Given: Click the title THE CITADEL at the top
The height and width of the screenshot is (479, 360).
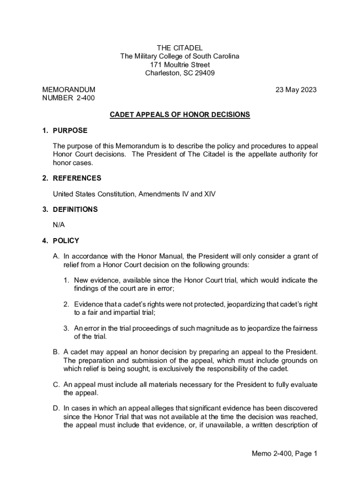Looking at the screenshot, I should (180, 48).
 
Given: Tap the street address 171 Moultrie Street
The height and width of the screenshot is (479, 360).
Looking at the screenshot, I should (180, 65).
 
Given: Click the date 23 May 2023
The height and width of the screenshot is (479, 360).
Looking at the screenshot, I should (296, 89).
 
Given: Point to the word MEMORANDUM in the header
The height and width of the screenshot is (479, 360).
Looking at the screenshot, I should (69, 89).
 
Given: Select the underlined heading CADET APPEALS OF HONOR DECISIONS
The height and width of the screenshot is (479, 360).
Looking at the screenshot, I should (180, 115).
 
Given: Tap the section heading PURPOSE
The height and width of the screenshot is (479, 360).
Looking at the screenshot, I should (70, 131).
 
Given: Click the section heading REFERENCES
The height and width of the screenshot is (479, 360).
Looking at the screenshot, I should (77, 178).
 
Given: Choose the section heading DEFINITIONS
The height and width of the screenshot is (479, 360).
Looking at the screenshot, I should (75, 210).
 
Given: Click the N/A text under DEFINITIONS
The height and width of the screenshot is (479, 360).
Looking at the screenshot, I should (59, 225).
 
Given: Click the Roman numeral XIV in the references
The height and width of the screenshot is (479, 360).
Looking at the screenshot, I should (209, 194).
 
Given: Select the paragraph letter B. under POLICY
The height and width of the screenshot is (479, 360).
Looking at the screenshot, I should (56, 352).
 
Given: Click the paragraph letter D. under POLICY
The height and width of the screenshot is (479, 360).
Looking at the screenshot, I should (56, 407).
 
